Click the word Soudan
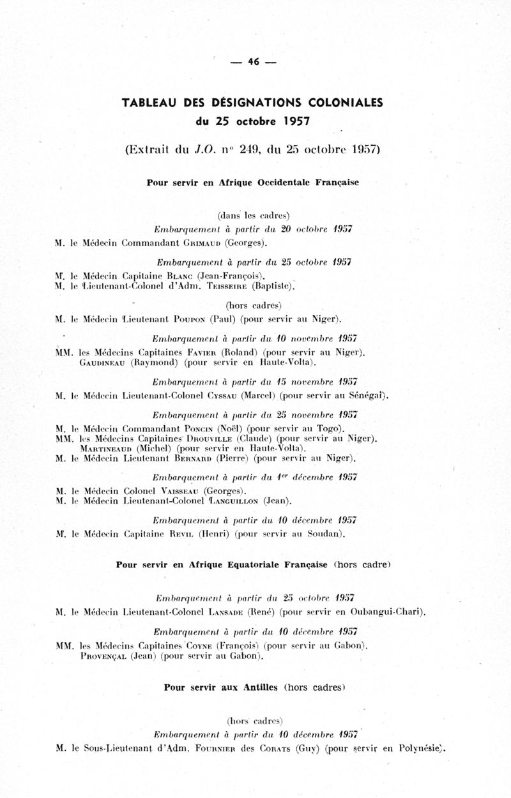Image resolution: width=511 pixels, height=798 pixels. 326,534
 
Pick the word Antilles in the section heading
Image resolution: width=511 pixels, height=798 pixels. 261,688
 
